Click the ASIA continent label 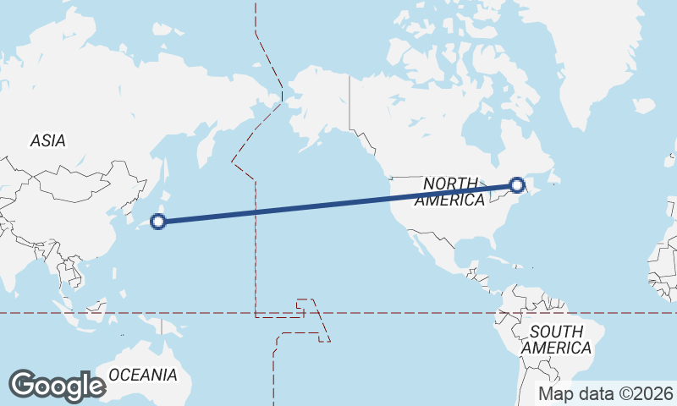coord(47,141)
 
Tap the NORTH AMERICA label coord(451,192)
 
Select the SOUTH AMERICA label coord(556,339)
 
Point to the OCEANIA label coord(143,375)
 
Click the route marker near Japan coord(157,222)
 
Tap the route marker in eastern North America coord(517,184)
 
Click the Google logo coord(57,386)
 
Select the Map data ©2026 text coord(606,393)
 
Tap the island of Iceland coord(644,106)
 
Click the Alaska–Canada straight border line coord(350,101)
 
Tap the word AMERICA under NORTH coord(449,200)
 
